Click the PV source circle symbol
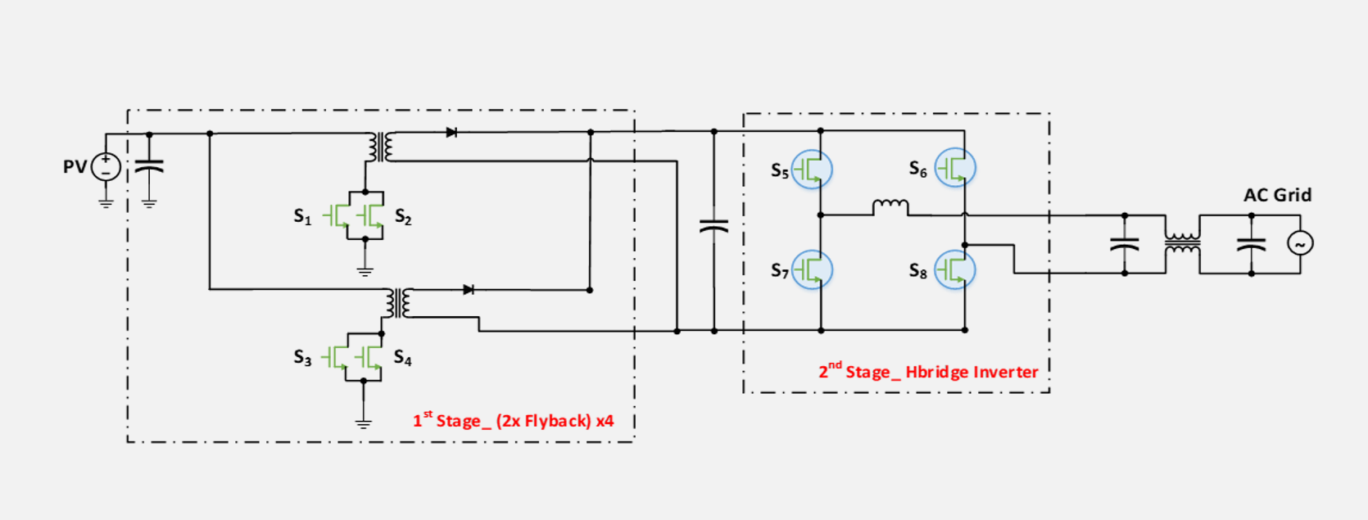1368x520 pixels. pos(106,167)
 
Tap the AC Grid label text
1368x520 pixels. pos(1277,195)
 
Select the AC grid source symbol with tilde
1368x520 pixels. pos(1300,243)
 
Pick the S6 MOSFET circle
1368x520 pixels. pos(955,168)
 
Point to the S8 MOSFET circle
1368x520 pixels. pos(955,269)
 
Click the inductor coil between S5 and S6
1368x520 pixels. pos(890,206)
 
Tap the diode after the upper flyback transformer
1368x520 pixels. pos(451,133)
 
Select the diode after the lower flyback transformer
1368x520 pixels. pos(468,290)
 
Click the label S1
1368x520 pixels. pos(302,216)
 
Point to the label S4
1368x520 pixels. pos(402,358)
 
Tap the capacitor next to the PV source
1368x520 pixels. pos(149,167)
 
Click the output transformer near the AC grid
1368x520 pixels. pos(1182,243)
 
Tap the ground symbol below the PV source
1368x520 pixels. pos(106,202)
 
